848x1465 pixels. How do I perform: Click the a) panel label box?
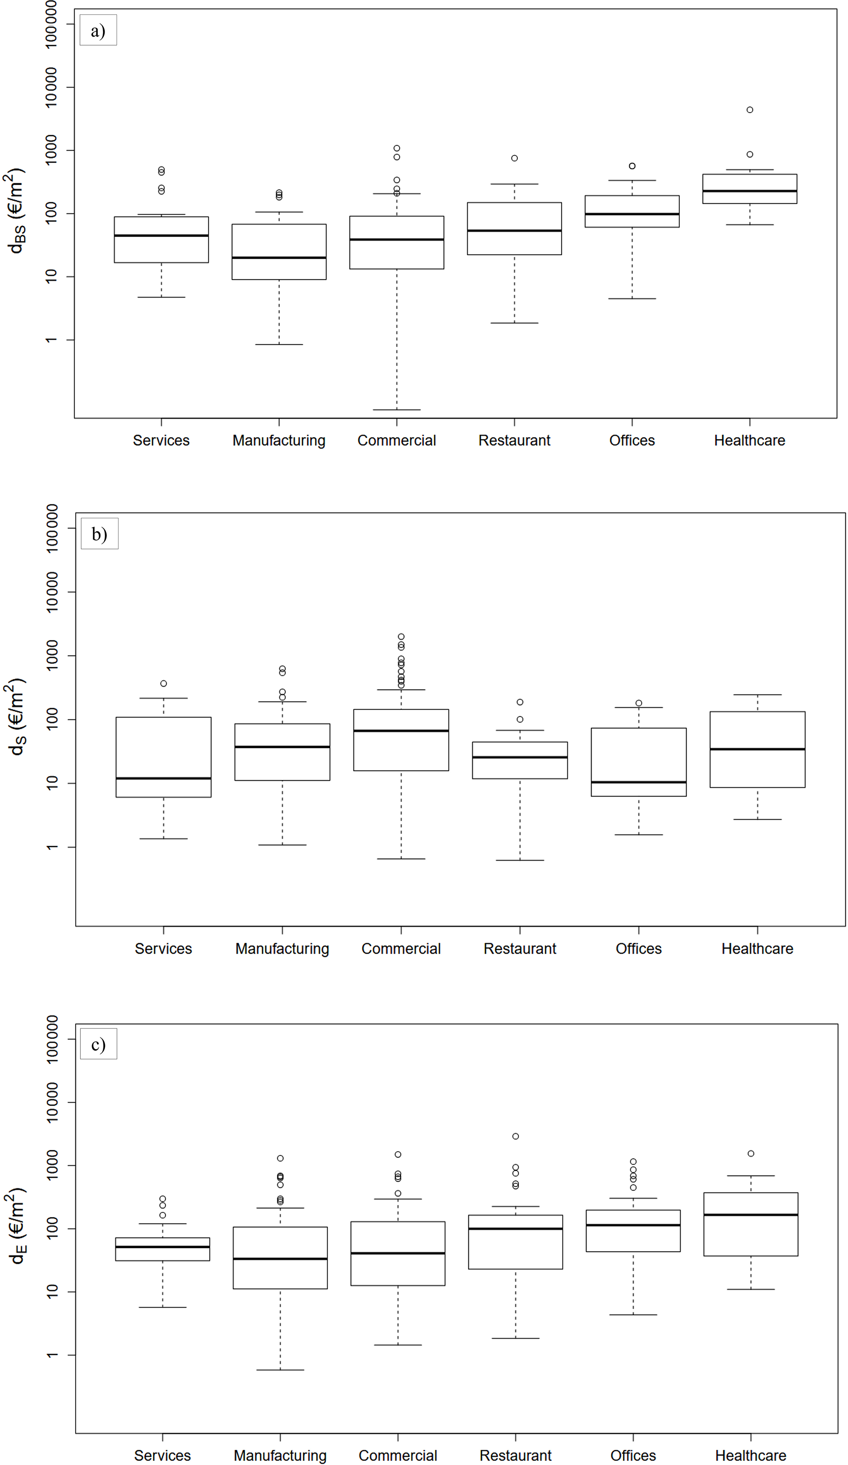pyautogui.click(x=98, y=30)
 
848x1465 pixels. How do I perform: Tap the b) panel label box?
pyautogui.click(x=99, y=533)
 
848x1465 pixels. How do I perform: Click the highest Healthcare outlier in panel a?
pyautogui.click(x=750, y=110)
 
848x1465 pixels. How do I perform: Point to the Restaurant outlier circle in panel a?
pyautogui.click(x=514, y=158)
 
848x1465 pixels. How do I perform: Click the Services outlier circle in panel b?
pyautogui.click(x=163, y=684)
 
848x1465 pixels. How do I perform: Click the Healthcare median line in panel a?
pyautogui.click(x=750, y=191)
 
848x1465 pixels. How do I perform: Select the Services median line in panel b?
pyautogui.click(x=163, y=778)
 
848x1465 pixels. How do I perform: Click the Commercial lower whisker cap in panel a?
pyautogui.click(x=397, y=410)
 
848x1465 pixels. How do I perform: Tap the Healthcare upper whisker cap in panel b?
pyautogui.click(x=757, y=695)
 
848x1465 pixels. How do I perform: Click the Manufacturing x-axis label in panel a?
pyautogui.click(x=279, y=441)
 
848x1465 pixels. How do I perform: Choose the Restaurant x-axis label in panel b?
pyautogui.click(x=520, y=949)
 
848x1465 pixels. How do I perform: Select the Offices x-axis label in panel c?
pyautogui.click(x=633, y=1455)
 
